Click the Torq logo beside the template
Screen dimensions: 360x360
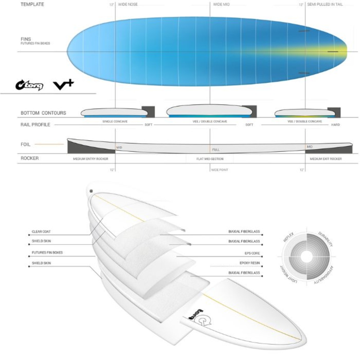tap(29, 85)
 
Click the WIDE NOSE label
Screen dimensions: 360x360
tap(128, 4)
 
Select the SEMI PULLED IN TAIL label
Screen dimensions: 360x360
tap(325, 4)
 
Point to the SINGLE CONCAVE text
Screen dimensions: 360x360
tap(115, 121)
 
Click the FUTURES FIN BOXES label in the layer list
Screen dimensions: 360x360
tap(47, 253)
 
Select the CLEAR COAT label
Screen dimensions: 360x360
tap(41, 232)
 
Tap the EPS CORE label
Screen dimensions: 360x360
tap(252, 253)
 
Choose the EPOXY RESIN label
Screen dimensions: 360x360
tap(250, 263)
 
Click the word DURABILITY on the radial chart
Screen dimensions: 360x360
tap(326, 239)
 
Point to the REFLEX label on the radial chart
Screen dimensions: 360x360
tap(288, 237)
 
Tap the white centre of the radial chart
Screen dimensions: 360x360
tap(306, 256)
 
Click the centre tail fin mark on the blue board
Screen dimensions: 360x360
tap(333, 52)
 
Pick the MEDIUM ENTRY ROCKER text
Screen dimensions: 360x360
tap(91, 159)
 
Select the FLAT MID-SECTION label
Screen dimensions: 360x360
tap(210, 159)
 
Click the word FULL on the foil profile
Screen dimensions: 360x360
tap(216, 150)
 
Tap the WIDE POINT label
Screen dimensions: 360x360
tap(220, 170)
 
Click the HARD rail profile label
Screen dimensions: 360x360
tap(335, 125)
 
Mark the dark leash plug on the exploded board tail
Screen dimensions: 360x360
tap(91, 191)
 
